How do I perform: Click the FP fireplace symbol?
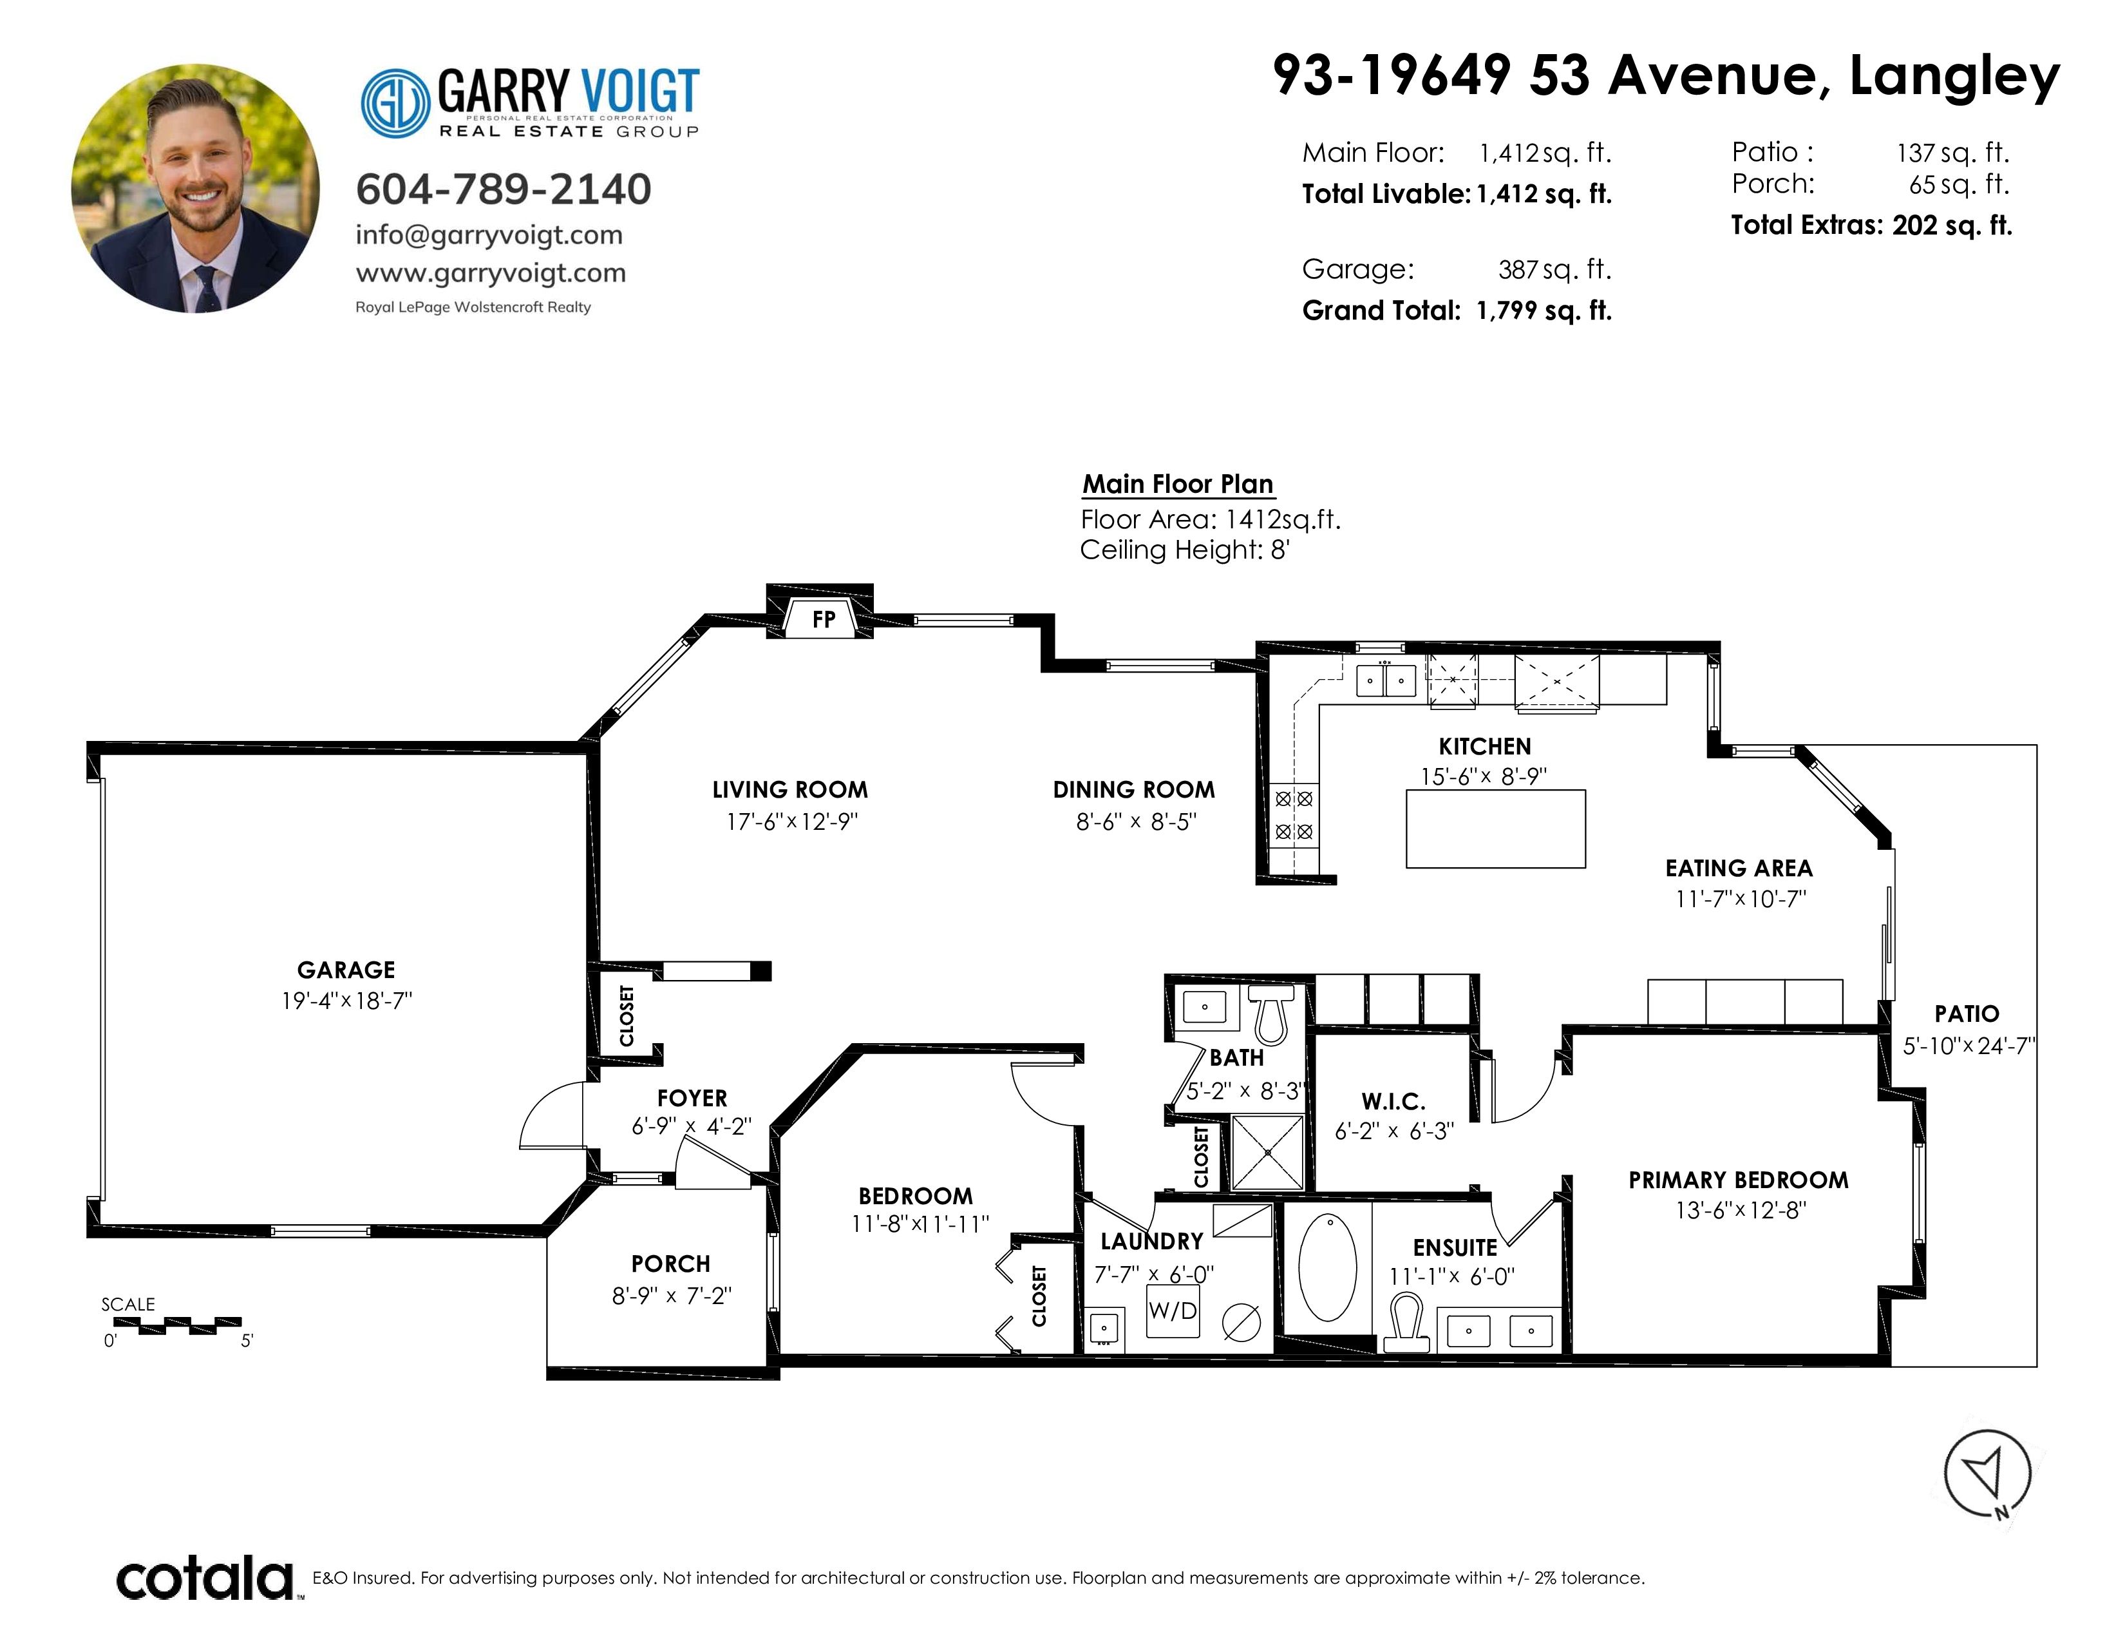[823, 618]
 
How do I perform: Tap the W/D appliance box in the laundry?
[1173, 1310]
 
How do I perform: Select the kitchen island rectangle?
[1495, 829]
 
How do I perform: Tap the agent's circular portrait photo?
[196, 189]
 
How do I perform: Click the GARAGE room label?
[346, 970]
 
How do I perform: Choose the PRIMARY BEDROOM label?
[1738, 1180]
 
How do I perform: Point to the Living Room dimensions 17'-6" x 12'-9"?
[790, 821]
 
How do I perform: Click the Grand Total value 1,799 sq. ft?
[1544, 311]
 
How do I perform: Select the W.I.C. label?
[1393, 1101]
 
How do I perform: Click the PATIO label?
[1967, 1014]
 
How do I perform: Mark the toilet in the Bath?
[1270, 1012]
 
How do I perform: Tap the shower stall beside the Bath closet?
[1268, 1153]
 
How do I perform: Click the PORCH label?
[670, 1263]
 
